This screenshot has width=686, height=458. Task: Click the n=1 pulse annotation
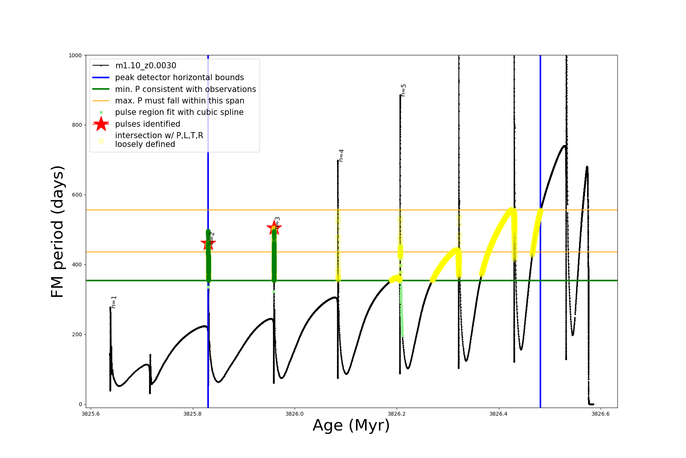(114, 302)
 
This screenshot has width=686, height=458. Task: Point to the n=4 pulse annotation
(341, 155)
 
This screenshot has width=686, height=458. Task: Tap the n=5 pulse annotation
(403, 90)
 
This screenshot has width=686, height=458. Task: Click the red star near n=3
(274, 228)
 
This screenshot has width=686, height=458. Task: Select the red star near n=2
(208, 243)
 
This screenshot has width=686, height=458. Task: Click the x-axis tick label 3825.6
(91, 414)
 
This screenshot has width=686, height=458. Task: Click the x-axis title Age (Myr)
(351, 426)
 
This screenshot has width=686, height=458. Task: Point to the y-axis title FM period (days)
(57, 232)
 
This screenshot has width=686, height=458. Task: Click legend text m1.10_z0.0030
(146, 66)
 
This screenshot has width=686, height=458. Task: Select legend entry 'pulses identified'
(147, 124)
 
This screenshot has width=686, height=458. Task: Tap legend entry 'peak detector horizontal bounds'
(179, 77)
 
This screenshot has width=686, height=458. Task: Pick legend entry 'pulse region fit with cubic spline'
(179, 112)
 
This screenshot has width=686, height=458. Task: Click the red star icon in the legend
(101, 124)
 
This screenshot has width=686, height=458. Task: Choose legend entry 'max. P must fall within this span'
(180, 101)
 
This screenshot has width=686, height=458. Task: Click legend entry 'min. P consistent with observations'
(185, 89)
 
